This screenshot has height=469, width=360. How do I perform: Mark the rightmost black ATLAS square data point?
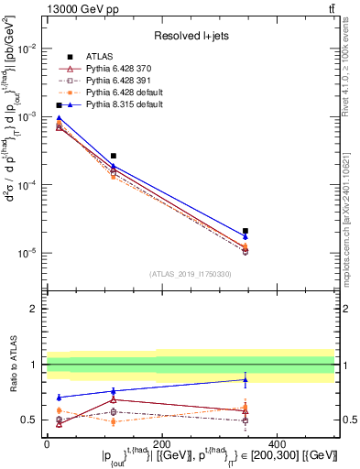click(245, 231)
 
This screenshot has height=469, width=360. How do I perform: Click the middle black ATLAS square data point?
click(113, 156)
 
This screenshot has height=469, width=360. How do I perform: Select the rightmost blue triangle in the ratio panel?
click(245, 379)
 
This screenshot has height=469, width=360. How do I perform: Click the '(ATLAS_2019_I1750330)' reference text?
click(191, 274)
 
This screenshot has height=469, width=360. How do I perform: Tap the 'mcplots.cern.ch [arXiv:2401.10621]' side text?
click(353, 212)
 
